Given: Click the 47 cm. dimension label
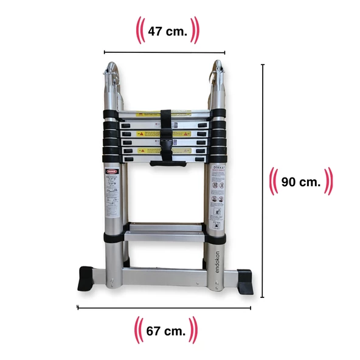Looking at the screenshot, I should click(167, 30).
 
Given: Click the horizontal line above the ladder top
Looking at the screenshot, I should click(164, 53).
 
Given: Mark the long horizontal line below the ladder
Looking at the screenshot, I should click(164, 308).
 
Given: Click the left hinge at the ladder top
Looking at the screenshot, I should click(111, 76).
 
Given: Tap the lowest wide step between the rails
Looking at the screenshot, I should click(164, 234).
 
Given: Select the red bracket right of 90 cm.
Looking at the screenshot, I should click(329, 181).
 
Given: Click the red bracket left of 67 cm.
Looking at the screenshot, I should click(138, 331).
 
